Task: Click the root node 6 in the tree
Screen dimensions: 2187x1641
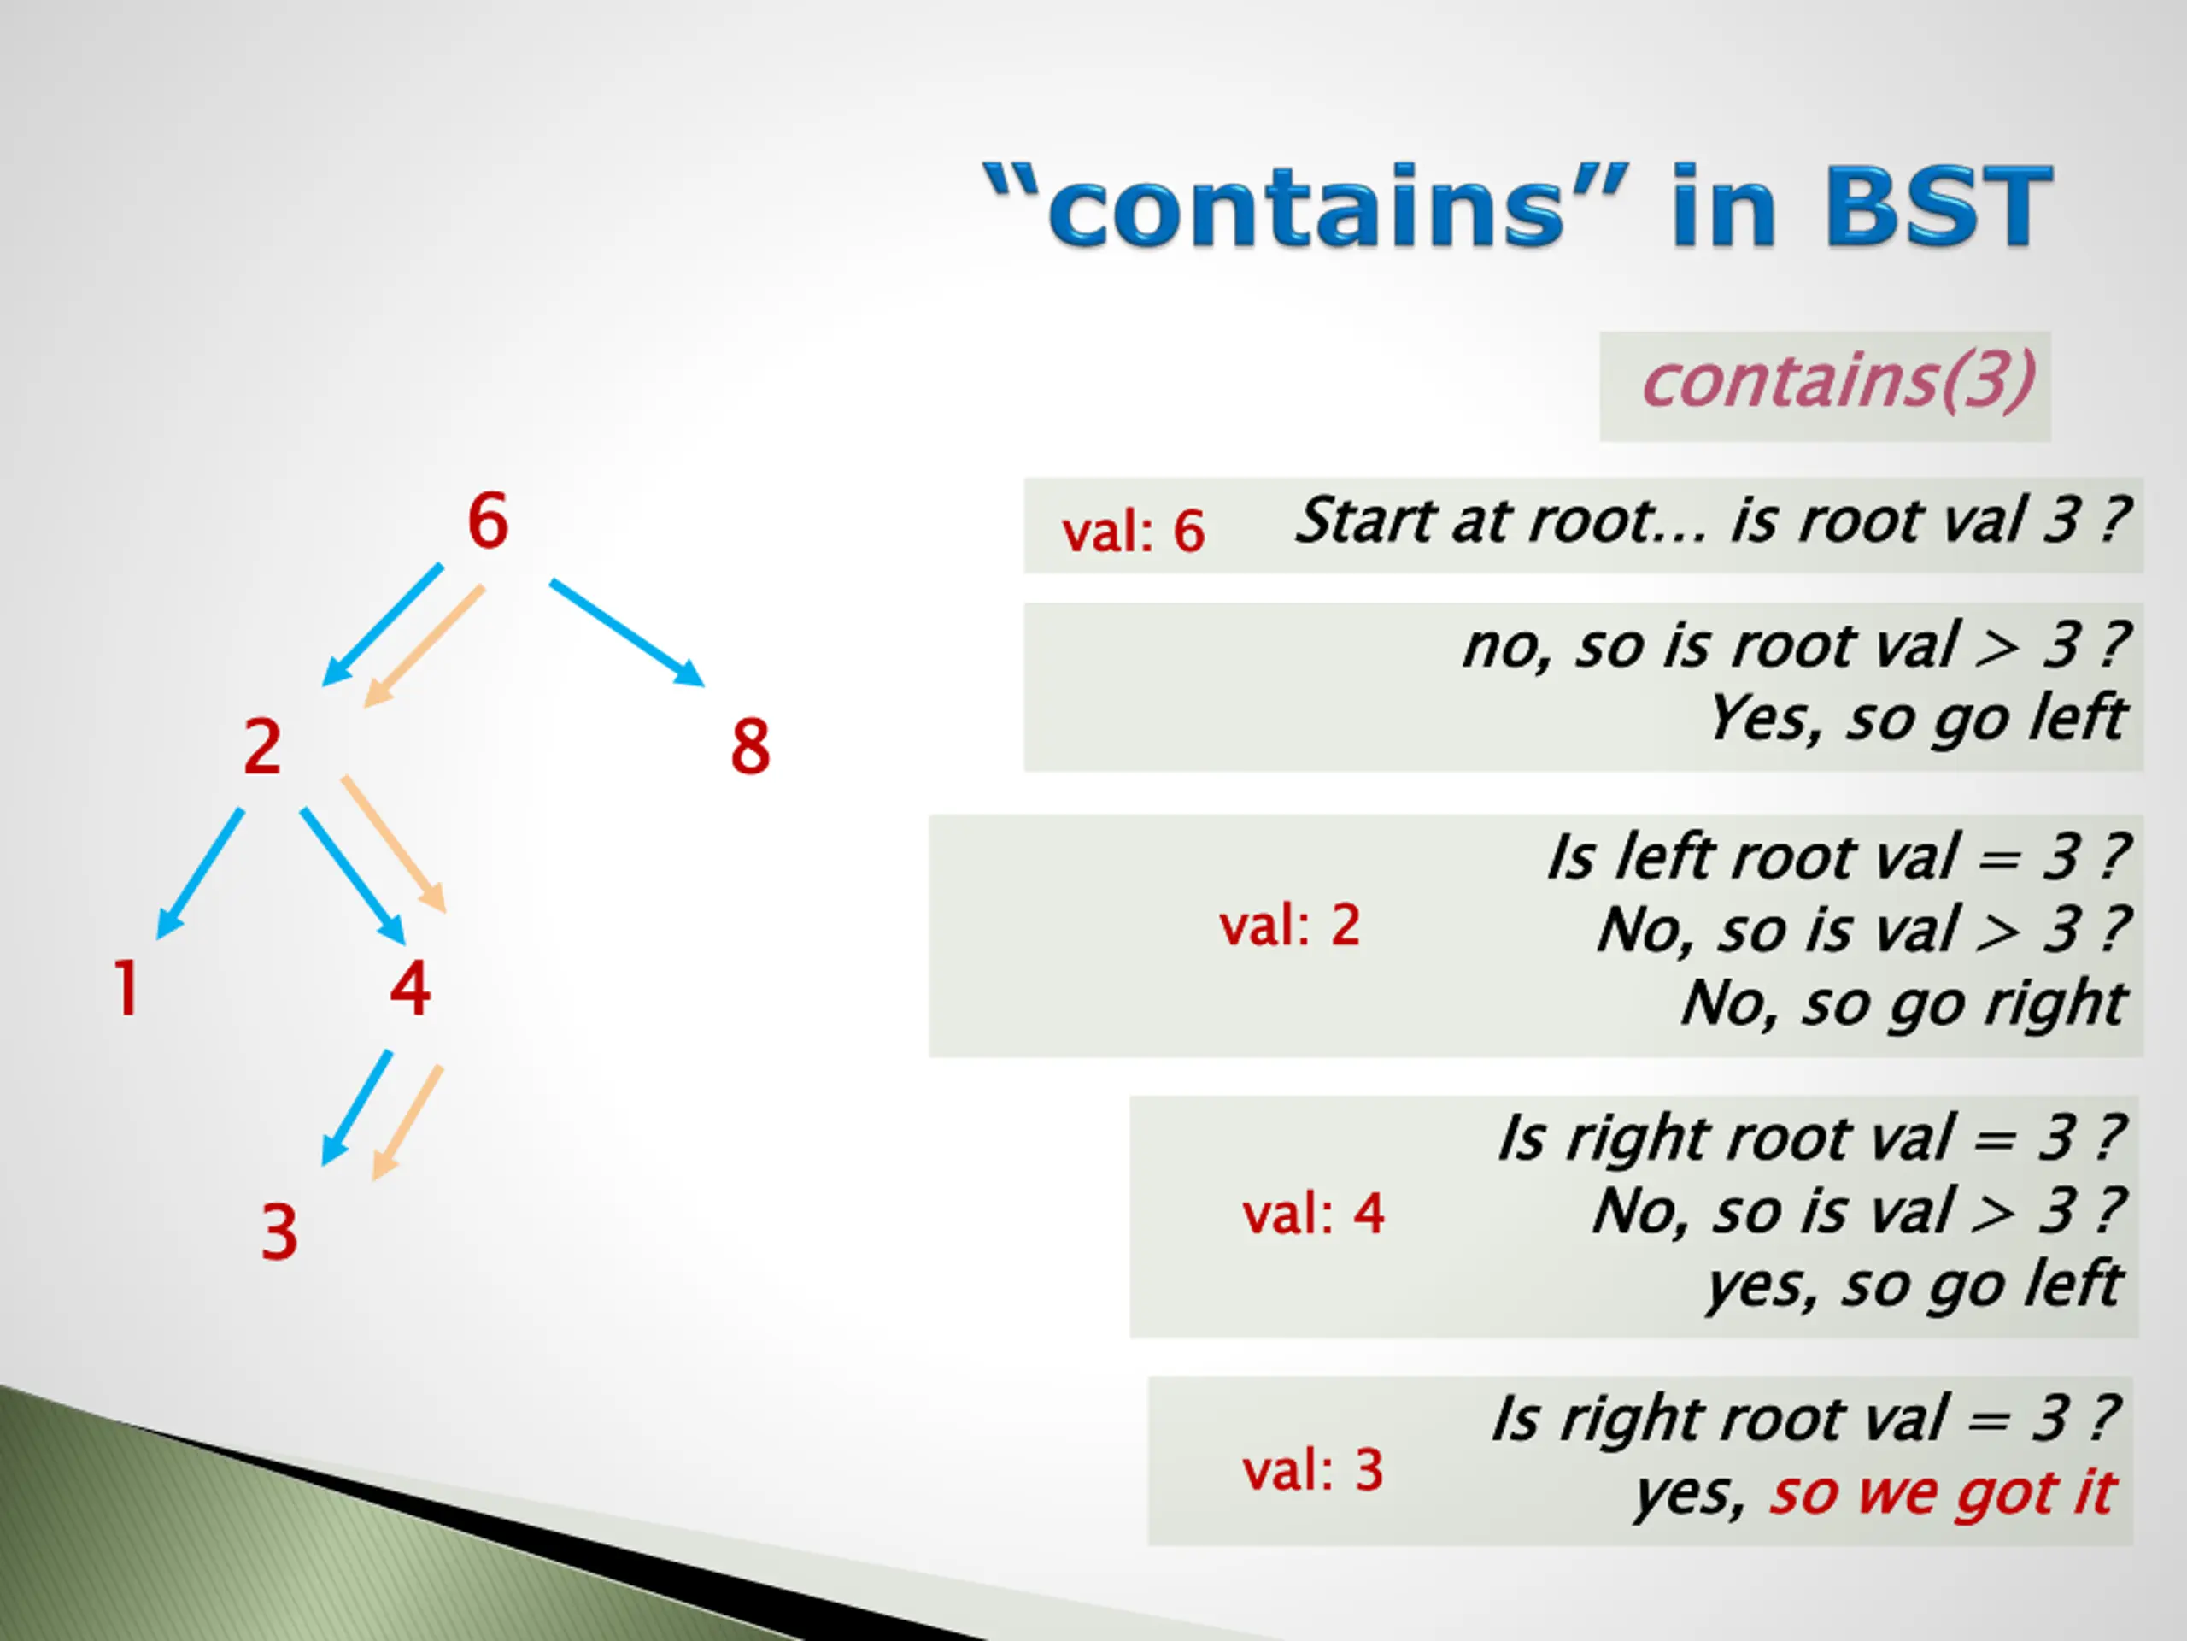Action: pyautogui.click(x=488, y=521)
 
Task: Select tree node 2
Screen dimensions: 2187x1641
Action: pyautogui.click(x=262, y=746)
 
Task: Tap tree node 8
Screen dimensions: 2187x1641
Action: pyautogui.click(x=749, y=746)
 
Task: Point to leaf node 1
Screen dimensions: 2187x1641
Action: pyautogui.click(x=126, y=988)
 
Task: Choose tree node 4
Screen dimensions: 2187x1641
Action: pyautogui.click(x=409, y=988)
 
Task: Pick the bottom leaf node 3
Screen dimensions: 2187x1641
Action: pyautogui.click(x=279, y=1232)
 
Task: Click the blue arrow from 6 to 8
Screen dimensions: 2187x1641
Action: pyautogui.click(x=626, y=632)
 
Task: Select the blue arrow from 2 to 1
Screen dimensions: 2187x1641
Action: pyautogui.click(x=201, y=873)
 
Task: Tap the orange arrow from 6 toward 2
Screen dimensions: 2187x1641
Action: pyautogui.click(x=424, y=646)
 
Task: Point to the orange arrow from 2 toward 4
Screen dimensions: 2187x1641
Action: pyautogui.click(x=394, y=843)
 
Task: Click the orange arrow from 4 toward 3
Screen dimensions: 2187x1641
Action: pyautogui.click(x=407, y=1123)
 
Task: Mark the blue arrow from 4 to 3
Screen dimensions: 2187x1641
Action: pyautogui.click(x=357, y=1107)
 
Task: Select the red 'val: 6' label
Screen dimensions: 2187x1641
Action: pyautogui.click(x=1133, y=531)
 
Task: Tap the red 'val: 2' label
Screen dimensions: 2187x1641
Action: pyautogui.click(x=1289, y=926)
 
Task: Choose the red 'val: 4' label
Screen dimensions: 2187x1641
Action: pyautogui.click(x=1313, y=1214)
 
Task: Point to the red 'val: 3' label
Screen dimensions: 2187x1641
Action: pyautogui.click(x=1312, y=1470)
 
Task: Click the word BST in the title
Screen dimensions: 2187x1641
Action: pyautogui.click(x=1938, y=206)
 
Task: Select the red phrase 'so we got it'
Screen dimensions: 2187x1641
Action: pyautogui.click(x=1942, y=1492)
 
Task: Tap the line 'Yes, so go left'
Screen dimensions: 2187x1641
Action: pyautogui.click(x=1916, y=718)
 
